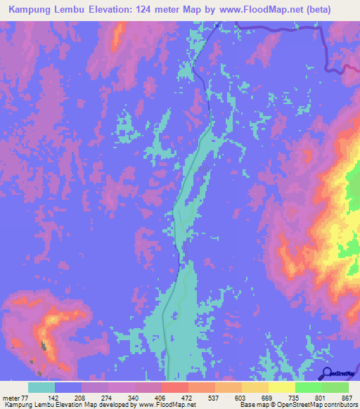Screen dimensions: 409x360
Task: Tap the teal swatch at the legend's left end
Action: (x=41, y=387)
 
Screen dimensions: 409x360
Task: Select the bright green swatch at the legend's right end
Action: (x=335, y=387)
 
